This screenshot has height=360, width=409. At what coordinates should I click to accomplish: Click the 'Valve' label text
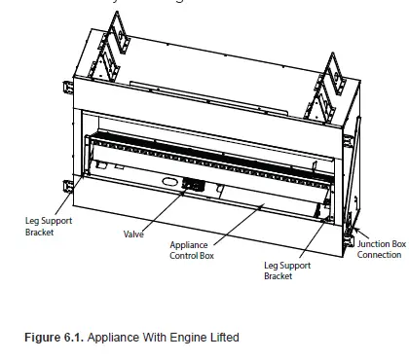134,234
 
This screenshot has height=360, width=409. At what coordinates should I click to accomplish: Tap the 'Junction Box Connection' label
379,249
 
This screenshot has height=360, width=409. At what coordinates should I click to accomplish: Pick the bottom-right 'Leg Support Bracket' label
284,270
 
